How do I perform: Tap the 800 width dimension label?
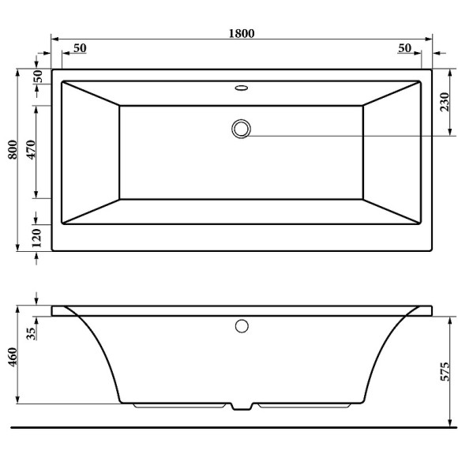pyautogui.click(x=12, y=149)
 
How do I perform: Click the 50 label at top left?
pyautogui.click(x=79, y=48)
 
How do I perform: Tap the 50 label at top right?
pyautogui.click(x=404, y=48)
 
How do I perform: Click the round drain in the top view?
pyautogui.click(x=241, y=128)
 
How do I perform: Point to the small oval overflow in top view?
pyautogui.click(x=241, y=88)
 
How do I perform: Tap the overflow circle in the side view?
pyautogui.click(x=242, y=325)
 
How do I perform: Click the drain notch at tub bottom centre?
pyautogui.click(x=242, y=407)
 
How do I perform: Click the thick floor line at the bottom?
pyautogui.click(x=237, y=427)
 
